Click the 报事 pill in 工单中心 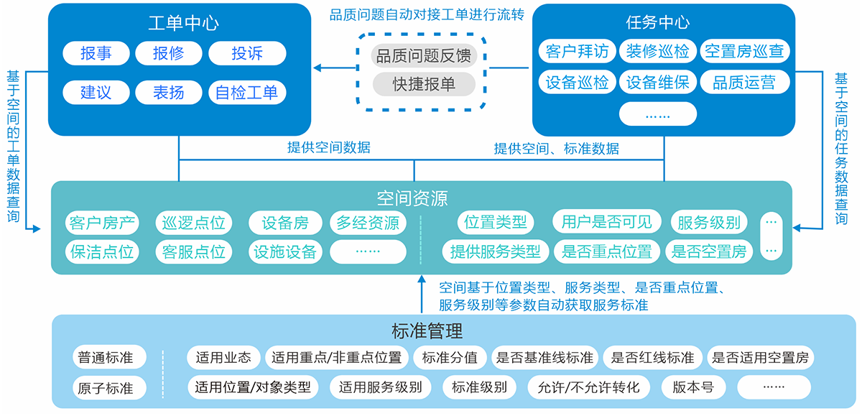pyautogui.click(x=96, y=53)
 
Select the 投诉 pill pyautogui.click(x=247, y=53)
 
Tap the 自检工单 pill pyautogui.click(x=247, y=92)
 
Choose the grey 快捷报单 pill pyautogui.click(x=423, y=83)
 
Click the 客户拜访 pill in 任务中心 pyautogui.click(x=577, y=51)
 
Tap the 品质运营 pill pyautogui.click(x=744, y=82)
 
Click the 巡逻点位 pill pyautogui.click(x=193, y=223)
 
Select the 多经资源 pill pyautogui.click(x=368, y=223)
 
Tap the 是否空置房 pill pyautogui.click(x=709, y=251)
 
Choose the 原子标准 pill pyautogui.click(x=106, y=388)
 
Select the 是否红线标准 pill pyautogui.click(x=652, y=357)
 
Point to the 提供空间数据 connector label pyautogui.click(x=328, y=149)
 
